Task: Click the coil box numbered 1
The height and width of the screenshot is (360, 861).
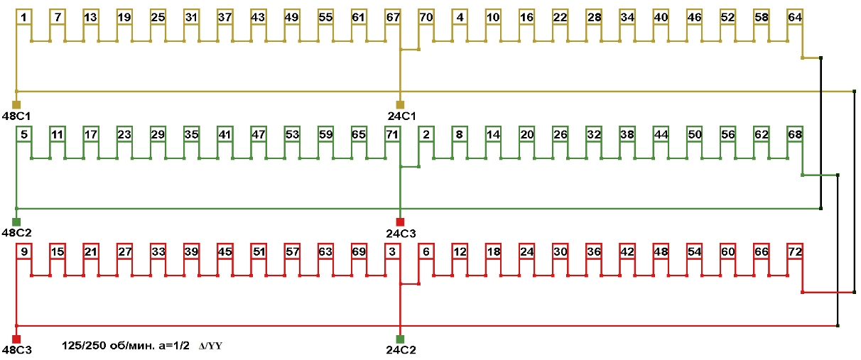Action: [x=24, y=17]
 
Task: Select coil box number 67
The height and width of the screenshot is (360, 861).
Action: [x=393, y=17]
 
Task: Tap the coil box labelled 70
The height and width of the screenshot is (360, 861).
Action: [x=426, y=17]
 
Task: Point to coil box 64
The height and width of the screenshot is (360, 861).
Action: [x=795, y=17]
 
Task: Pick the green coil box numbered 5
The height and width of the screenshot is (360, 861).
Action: [x=24, y=134]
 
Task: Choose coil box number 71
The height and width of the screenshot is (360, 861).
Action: [x=393, y=134]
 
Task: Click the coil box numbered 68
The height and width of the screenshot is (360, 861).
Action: [x=795, y=134]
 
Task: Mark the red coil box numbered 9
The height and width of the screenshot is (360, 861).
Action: [x=24, y=251]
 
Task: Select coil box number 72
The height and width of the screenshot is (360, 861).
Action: [x=795, y=251]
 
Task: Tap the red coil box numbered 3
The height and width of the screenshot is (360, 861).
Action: [x=393, y=251]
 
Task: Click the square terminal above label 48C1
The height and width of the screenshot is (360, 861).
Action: [x=16, y=104]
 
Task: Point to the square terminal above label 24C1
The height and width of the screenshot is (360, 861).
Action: [x=400, y=104]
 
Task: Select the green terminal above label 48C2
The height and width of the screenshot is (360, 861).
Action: [x=16, y=222]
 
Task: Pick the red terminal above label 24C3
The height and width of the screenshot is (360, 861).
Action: [x=400, y=222]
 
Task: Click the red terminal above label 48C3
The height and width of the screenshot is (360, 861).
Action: [x=16, y=339]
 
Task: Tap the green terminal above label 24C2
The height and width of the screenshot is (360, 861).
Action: [x=400, y=339]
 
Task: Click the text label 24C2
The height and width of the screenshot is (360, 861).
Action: [x=401, y=350]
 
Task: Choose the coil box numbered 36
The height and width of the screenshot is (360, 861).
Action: [x=594, y=251]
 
